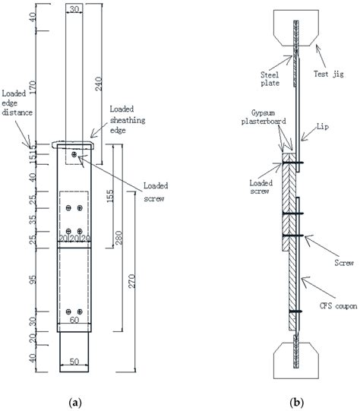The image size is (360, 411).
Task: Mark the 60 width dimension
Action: pyautogui.click(x=74, y=321)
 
